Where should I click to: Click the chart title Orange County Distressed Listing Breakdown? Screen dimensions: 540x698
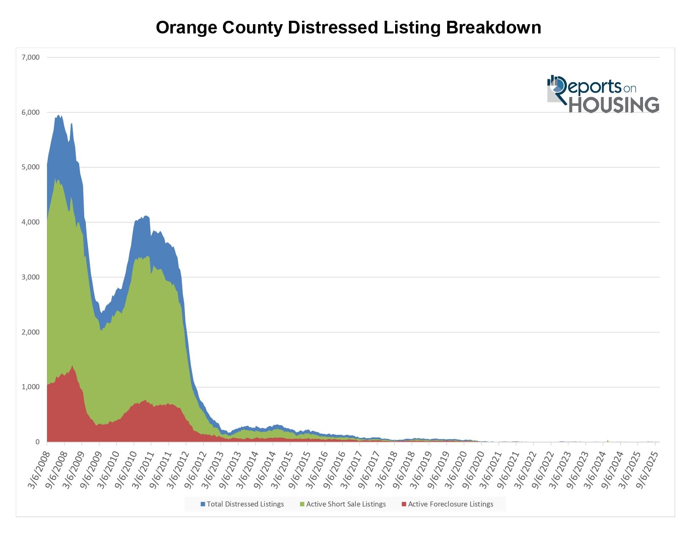click(x=348, y=28)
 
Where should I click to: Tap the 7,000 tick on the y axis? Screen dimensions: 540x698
click(x=30, y=57)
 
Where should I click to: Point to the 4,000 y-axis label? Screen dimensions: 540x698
click(x=30, y=222)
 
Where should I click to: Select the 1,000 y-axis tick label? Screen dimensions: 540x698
click(x=30, y=387)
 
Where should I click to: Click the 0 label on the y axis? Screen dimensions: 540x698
click(x=38, y=442)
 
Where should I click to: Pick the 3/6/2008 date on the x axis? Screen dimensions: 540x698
click(x=39, y=470)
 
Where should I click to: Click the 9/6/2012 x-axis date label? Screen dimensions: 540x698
click(x=195, y=470)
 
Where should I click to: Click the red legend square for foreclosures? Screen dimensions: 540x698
click(x=404, y=504)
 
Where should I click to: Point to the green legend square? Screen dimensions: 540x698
click(x=302, y=504)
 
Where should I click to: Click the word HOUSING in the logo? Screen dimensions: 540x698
click(x=614, y=105)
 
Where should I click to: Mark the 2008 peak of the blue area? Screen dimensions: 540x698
click(x=59, y=115)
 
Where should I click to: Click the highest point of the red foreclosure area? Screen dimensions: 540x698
click(x=72, y=366)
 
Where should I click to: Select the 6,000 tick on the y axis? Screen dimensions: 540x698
click(x=30, y=112)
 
